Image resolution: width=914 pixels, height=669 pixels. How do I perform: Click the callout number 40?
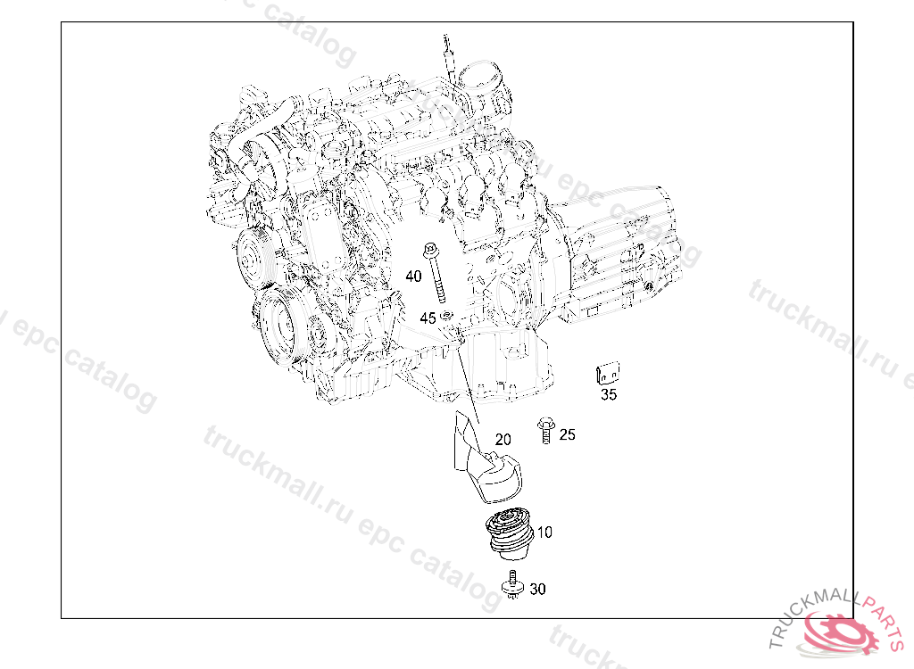coord(413,277)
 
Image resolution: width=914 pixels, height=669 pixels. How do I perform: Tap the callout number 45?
coord(428,318)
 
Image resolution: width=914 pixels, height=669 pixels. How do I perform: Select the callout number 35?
coord(609,394)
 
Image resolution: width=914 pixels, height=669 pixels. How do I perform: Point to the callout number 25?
coord(567,434)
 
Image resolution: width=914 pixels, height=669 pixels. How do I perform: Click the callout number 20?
coord(503,440)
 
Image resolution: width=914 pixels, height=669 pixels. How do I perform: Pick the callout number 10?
coord(544,532)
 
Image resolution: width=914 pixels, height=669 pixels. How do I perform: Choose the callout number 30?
coord(537,589)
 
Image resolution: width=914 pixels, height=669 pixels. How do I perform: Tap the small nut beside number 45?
coord(446,316)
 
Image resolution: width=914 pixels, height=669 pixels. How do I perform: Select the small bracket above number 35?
coord(607,372)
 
